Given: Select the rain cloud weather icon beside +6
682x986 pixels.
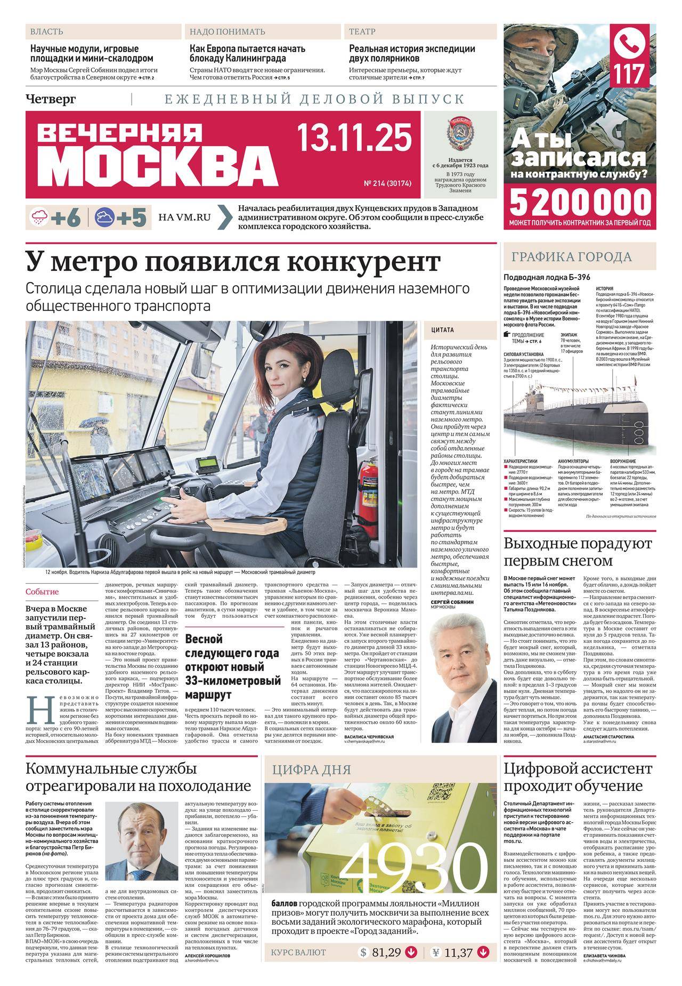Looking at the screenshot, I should [x=39, y=217].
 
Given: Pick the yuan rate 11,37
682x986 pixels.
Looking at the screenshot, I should [x=458, y=967].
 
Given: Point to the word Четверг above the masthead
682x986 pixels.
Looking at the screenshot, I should [x=51, y=99].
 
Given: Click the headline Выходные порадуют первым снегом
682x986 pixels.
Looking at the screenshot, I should [x=578, y=553].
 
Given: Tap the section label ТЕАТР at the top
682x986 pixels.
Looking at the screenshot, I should [x=362, y=32].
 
